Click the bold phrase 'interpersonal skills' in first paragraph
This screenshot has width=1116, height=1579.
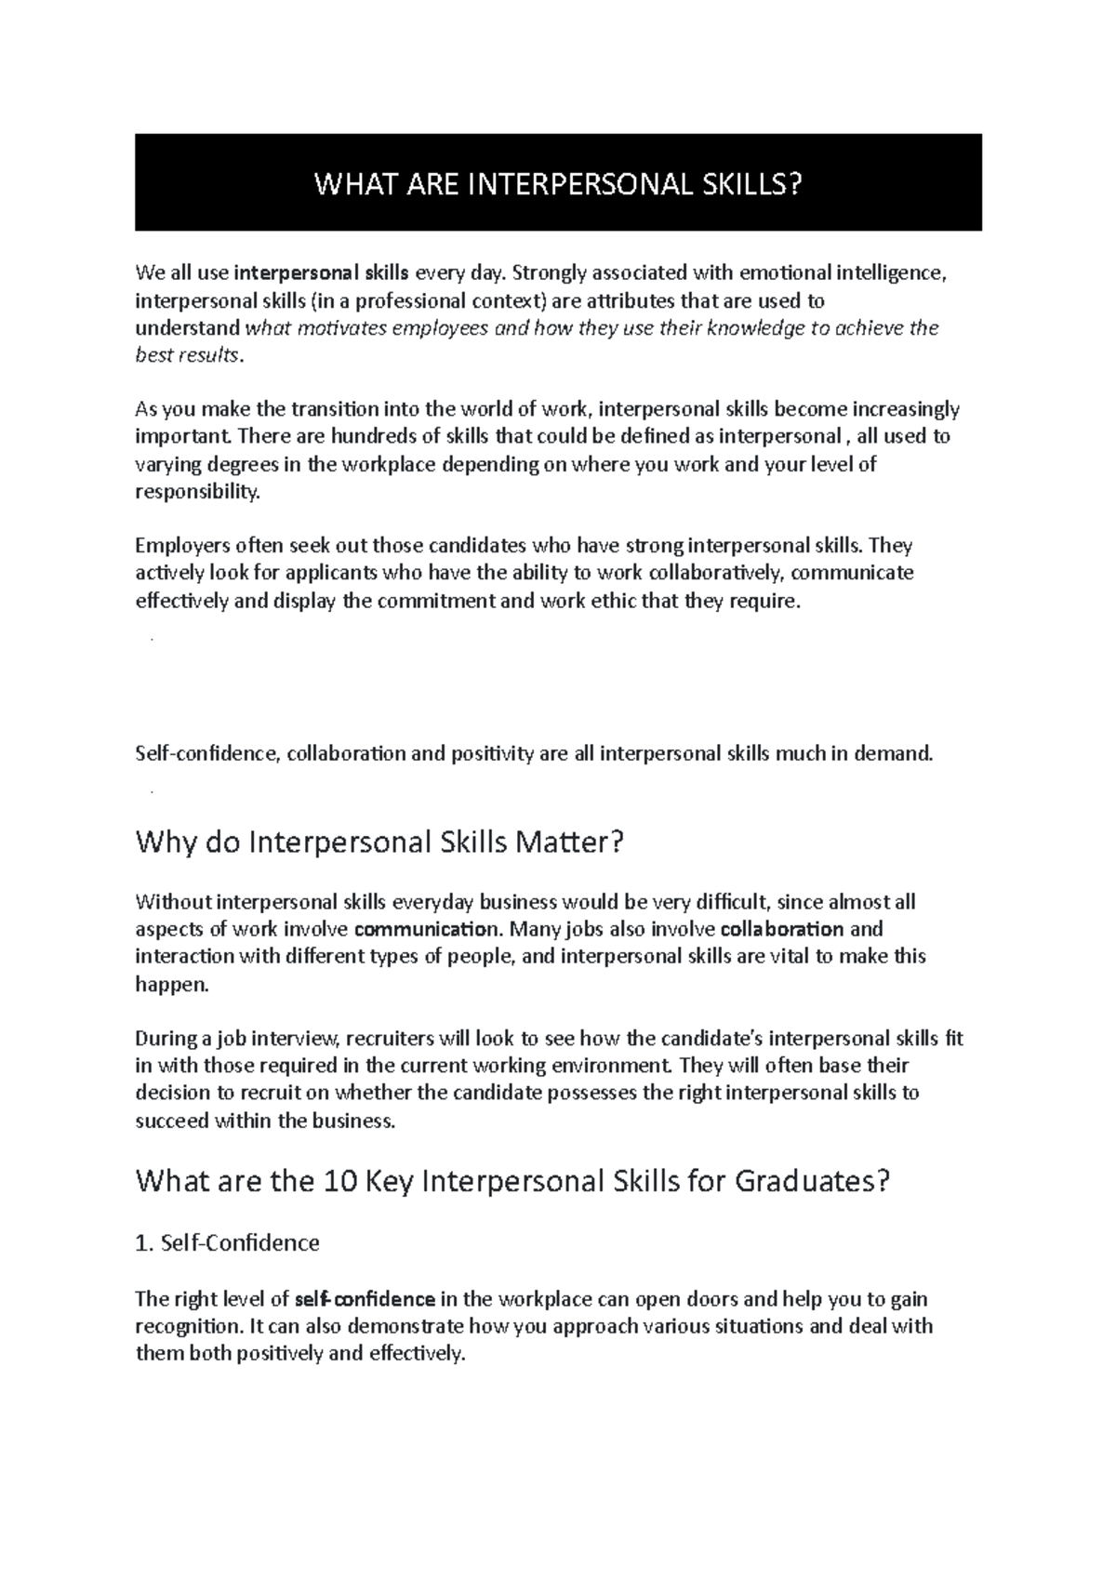click(321, 273)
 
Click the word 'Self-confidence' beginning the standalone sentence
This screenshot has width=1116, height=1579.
click(206, 753)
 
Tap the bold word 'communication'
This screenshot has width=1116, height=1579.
click(426, 929)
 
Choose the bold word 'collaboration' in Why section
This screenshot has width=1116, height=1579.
click(782, 929)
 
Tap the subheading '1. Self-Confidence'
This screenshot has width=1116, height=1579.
click(228, 1242)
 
